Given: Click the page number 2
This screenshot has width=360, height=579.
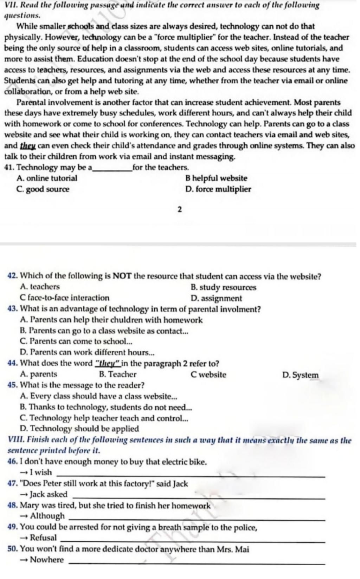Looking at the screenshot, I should click(180, 210).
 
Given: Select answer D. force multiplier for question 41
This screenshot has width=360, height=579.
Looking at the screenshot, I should click(218, 189).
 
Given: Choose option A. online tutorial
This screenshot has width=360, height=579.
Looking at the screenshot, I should click(47, 178).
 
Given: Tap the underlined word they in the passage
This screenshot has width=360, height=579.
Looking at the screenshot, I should click(26, 146).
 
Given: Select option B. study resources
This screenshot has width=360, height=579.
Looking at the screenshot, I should click(223, 287).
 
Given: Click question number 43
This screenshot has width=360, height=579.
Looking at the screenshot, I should click(13, 309).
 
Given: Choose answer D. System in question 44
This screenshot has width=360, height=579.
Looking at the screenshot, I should click(301, 375).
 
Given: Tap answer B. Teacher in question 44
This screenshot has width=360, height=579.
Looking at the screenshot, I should click(118, 375).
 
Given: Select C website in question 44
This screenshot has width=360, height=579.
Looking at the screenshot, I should click(208, 375).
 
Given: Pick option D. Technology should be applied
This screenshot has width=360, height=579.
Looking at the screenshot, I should click(80, 429).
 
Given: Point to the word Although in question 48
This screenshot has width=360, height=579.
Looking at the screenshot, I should click(47, 516).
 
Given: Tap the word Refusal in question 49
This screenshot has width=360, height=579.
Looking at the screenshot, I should click(43, 538).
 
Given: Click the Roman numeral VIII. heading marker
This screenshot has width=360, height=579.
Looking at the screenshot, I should click(15, 440).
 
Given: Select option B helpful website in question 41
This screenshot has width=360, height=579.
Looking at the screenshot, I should click(216, 178).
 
